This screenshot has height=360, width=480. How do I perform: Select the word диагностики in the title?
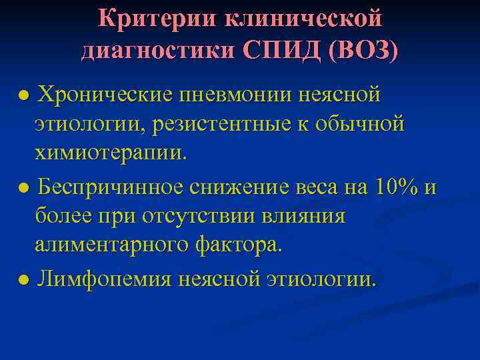point(157,50)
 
